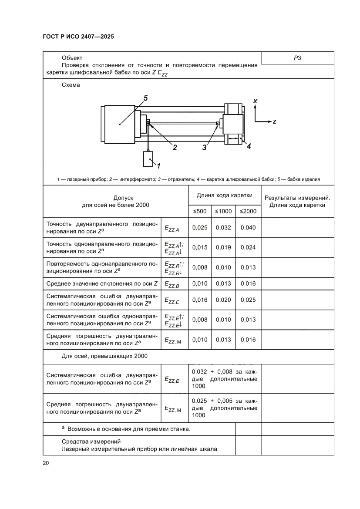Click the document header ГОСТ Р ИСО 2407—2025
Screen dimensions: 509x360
(x=78, y=37)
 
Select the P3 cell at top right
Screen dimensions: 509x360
(x=297, y=58)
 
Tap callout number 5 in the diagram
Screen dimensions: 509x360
(x=145, y=98)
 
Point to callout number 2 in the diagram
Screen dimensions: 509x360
(x=175, y=147)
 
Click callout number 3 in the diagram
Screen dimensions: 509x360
(x=204, y=147)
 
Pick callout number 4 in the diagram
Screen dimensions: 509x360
(x=249, y=146)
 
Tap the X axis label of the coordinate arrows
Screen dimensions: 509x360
(x=255, y=101)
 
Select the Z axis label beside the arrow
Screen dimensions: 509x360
(x=274, y=121)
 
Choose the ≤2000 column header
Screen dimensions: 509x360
(x=248, y=211)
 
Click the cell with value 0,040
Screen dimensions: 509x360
(x=248, y=227)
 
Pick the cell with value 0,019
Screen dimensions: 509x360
(x=223, y=247)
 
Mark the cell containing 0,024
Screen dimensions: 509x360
(x=248, y=247)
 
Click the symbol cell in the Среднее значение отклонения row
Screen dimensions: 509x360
(x=174, y=284)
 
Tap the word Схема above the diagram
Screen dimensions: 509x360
(x=71, y=85)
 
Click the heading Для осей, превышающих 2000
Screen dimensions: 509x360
(x=104, y=356)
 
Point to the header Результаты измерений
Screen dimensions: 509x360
(x=297, y=198)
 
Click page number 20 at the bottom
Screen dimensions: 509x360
(x=46, y=463)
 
